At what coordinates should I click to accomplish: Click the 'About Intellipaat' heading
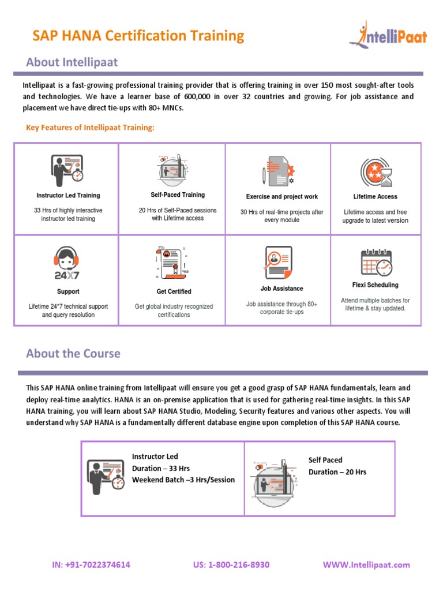click(x=72, y=62)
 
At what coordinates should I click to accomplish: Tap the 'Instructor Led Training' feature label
click(x=68, y=196)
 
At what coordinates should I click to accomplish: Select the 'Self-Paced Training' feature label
click(x=178, y=195)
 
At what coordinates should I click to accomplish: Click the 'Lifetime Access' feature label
click(x=376, y=197)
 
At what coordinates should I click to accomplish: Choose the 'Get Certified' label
click(x=174, y=292)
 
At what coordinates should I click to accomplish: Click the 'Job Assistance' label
click(x=281, y=289)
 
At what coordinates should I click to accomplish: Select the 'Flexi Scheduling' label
click(x=375, y=285)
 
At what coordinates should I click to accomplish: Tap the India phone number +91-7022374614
click(x=91, y=565)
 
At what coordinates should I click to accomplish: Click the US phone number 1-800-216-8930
click(x=231, y=565)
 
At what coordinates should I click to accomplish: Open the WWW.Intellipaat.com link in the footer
click(x=366, y=565)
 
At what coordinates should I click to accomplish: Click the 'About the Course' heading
click(x=73, y=353)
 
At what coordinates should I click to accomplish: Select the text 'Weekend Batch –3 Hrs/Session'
click(x=183, y=480)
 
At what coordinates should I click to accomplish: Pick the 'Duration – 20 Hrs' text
click(x=337, y=472)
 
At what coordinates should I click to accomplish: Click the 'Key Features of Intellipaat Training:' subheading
click(x=90, y=128)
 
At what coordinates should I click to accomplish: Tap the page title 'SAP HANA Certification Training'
click(x=138, y=36)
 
